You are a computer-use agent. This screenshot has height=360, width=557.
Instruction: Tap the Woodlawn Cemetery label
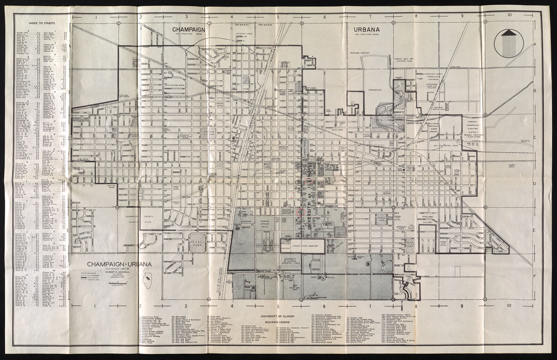coord(360,53)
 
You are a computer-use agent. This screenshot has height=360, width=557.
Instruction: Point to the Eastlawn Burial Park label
coord(437,109)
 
